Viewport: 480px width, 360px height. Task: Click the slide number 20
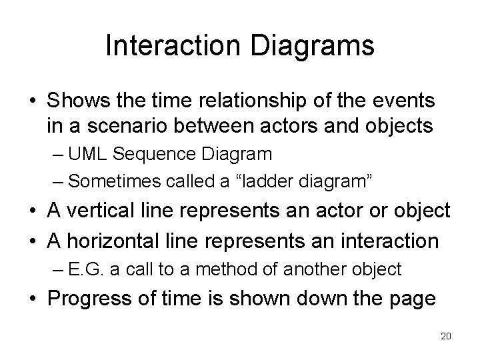(446, 336)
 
